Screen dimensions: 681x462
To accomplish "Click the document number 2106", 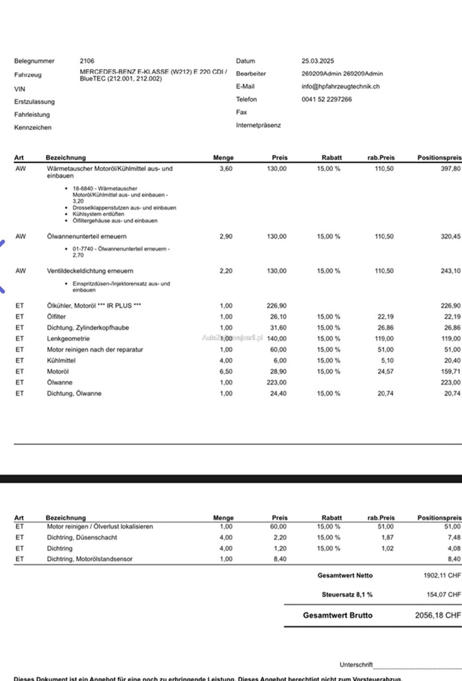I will (87, 61).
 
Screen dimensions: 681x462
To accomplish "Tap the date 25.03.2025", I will (318, 61).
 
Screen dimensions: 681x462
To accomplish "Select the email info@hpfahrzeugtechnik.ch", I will (341, 86).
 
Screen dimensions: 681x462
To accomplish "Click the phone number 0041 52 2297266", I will (326, 99).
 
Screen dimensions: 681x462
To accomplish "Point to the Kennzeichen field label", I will (33, 127).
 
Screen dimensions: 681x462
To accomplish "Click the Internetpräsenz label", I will (258, 125).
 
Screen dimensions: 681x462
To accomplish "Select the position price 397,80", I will (450, 169).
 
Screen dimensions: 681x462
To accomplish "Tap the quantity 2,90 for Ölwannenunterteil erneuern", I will (226, 236).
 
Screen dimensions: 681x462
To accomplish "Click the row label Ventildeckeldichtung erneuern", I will (90, 271).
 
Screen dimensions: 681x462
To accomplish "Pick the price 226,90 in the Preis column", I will (276, 306).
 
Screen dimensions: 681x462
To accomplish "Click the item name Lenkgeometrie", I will (68, 338).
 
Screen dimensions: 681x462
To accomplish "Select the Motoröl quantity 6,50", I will (226, 372).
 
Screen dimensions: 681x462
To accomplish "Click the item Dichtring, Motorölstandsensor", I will (90, 559).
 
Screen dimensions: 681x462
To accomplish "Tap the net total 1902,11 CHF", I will (442, 575).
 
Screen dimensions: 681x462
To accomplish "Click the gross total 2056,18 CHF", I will (438, 615).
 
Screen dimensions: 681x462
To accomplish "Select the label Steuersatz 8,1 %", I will (347, 595).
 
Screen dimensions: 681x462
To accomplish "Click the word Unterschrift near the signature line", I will (356, 664).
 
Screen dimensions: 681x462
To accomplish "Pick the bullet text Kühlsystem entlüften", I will (98, 214).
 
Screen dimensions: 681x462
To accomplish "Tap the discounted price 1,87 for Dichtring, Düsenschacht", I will (387, 537).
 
